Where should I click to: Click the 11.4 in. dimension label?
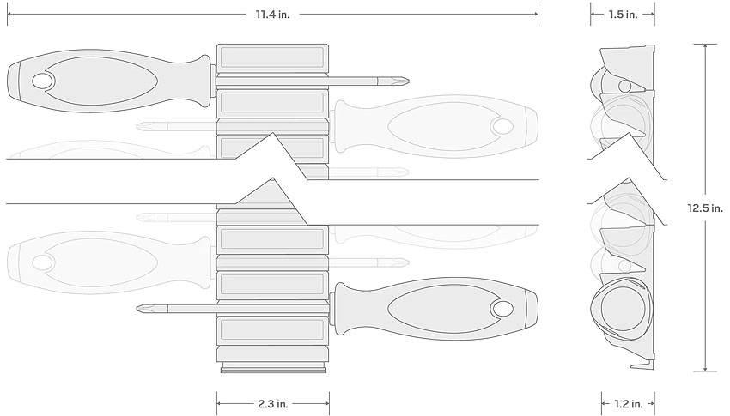pyautogui.click(x=272, y=15)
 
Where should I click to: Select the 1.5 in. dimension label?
pyautogui.click(x=623, y=15)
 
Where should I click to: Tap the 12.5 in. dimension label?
pyautogui.click(x=705, y=208)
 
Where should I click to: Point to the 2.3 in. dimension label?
pyautogui.click(x=273, y=404)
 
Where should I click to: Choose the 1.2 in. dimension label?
pyautogui.click(x=628, y=404)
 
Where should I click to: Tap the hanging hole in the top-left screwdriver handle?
pyautogui.click(x=43, y=81)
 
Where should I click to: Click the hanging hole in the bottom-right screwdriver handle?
pyautogui.click(x=502, y=308)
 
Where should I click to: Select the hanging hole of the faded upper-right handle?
pyautogui.click(x=502, y=126)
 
